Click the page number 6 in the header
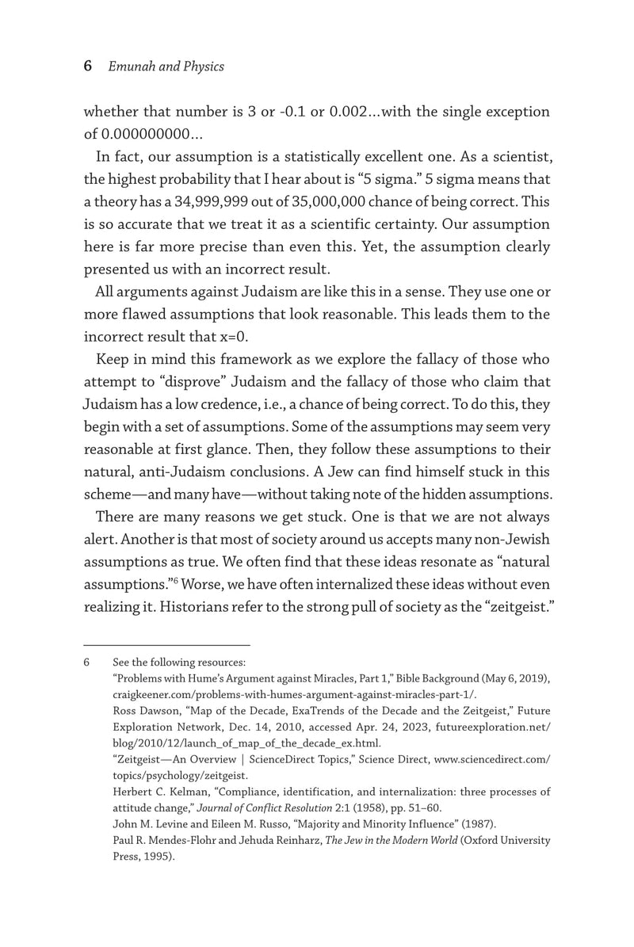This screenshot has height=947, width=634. pyautogui.click(x=88, y=67)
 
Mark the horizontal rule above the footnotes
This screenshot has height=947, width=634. pyautogui.click(x=166, y=645)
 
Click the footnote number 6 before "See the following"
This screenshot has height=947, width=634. pyautogui.click(x=87, y=662)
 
